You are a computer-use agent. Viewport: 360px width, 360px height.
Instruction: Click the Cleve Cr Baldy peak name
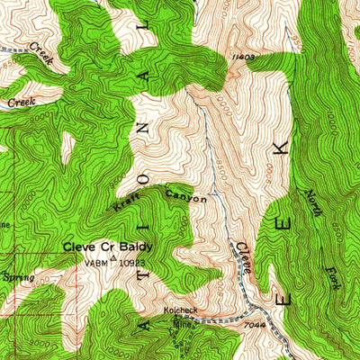[106, 246]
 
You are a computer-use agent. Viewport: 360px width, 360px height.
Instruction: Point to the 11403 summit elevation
[239, 57]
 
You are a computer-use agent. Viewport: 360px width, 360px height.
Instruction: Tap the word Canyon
[186, 194]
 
